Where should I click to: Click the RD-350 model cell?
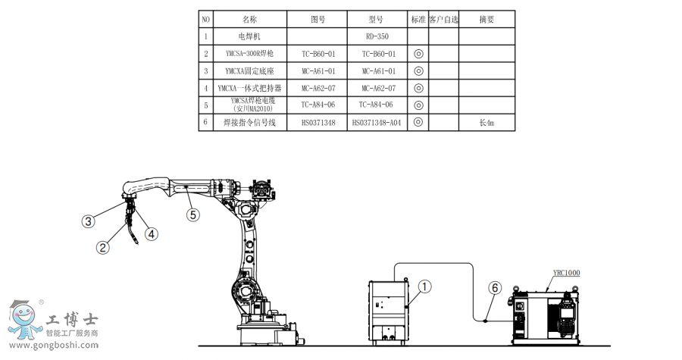(377, 36)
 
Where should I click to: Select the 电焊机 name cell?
(250, 36)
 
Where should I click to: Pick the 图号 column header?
(318, 19)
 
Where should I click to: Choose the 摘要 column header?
(486, 19)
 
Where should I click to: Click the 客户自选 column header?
(443, 19)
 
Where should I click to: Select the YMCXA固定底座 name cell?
(250, 71)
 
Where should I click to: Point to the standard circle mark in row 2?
(418, 54)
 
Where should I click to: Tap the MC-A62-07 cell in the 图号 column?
(318, 89)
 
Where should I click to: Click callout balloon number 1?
(426, 286)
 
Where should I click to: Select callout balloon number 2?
(102, 246)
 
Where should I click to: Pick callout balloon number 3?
(89, 221)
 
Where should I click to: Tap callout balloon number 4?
(152, 234)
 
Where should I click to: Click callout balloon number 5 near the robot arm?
(193, 214)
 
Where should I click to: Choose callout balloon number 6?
(495, 288)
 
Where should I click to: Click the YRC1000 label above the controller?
(567, 272)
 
